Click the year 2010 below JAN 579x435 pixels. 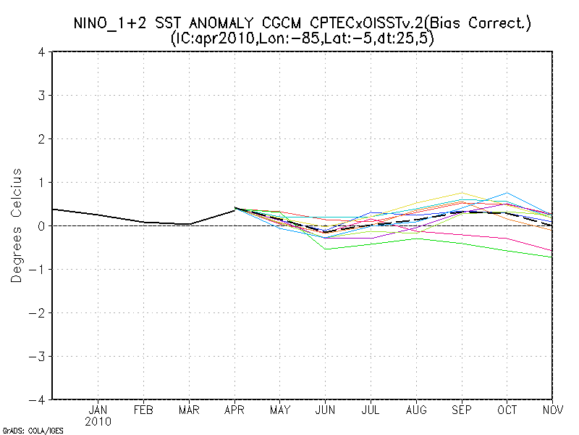click(x=98, y=421)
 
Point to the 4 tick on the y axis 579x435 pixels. click(x=43, y=52)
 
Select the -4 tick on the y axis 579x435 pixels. click(x=39, y=399)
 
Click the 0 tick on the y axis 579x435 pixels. click(x=43, y=226)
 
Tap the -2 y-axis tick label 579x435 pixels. click(x=39, y=313)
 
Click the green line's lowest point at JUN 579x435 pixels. click(x=326, y=249)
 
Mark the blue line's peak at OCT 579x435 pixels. click(x=507, y=193)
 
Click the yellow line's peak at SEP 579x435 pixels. click(x=462, y=193)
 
